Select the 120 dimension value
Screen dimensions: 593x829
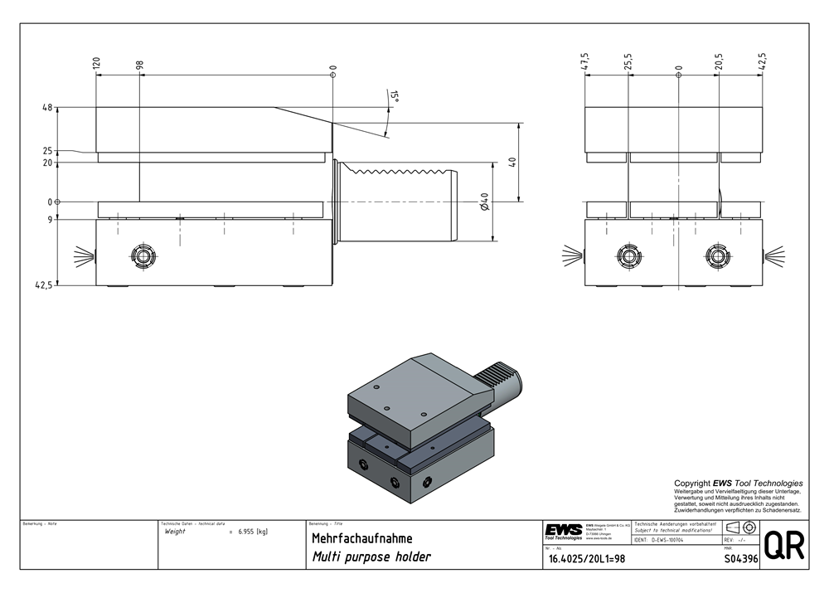(x=96, y=64)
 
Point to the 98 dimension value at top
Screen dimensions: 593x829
(x=140, y=64)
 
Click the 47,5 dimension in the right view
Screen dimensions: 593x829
(x=585, y=62)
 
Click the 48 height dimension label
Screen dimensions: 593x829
(x=46, y=108)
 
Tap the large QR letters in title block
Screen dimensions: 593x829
(x=783, y=546)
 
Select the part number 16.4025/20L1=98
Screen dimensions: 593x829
(x=586, y=559)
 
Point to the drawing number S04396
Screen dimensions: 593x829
(x=741, y=559)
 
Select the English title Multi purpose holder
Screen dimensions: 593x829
(x=371, y=557)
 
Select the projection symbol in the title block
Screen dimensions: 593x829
(x=739, y=528)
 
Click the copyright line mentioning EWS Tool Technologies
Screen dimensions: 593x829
(x=738, y=483)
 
